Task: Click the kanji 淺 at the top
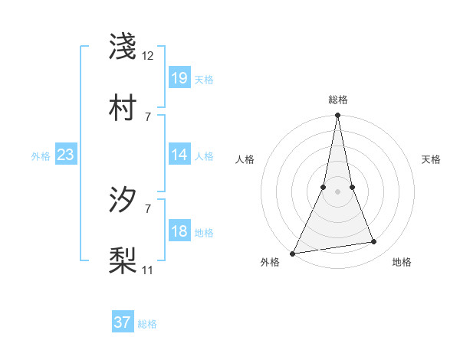click(x=123, y=46)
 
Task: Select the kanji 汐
click(x=123, y=200)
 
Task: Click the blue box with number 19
click(x=179, y=77)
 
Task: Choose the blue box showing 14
click(x=179, y=155)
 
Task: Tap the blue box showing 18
click(x=179, y=231)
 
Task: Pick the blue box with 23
click(x=65, y=155)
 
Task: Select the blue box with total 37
click(x=123, y=322)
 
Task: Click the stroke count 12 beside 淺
click(x=148, y=55)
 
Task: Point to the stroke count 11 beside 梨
click(x=148, y=270)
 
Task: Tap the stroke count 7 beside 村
click(x=148, y=116)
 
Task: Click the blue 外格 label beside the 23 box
click(x=41, y=155)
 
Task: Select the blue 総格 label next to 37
click(x=147, y=324)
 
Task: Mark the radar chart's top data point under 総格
click(x=337, y=116)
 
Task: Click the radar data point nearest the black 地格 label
click(x=374, y=242)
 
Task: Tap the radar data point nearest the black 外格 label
click(x=293, y=253)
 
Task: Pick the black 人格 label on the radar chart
click(x=245, y=159)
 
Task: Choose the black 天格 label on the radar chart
click(x=432, y=159)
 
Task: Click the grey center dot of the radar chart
click(x=337, y=191)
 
